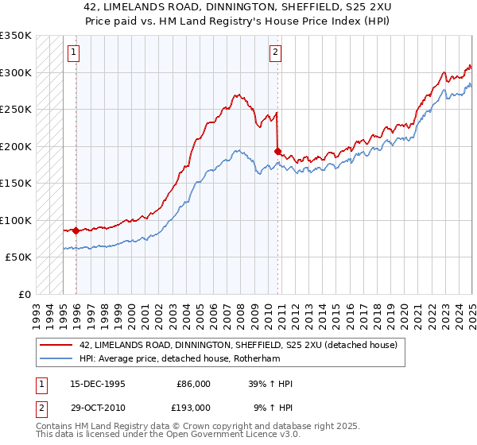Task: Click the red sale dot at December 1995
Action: click(76, 230)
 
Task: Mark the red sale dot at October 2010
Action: click(277, 151)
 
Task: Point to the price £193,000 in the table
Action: click(193, 408)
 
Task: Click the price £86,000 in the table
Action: click(193, 384)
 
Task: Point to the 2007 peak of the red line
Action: click(236, 95)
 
